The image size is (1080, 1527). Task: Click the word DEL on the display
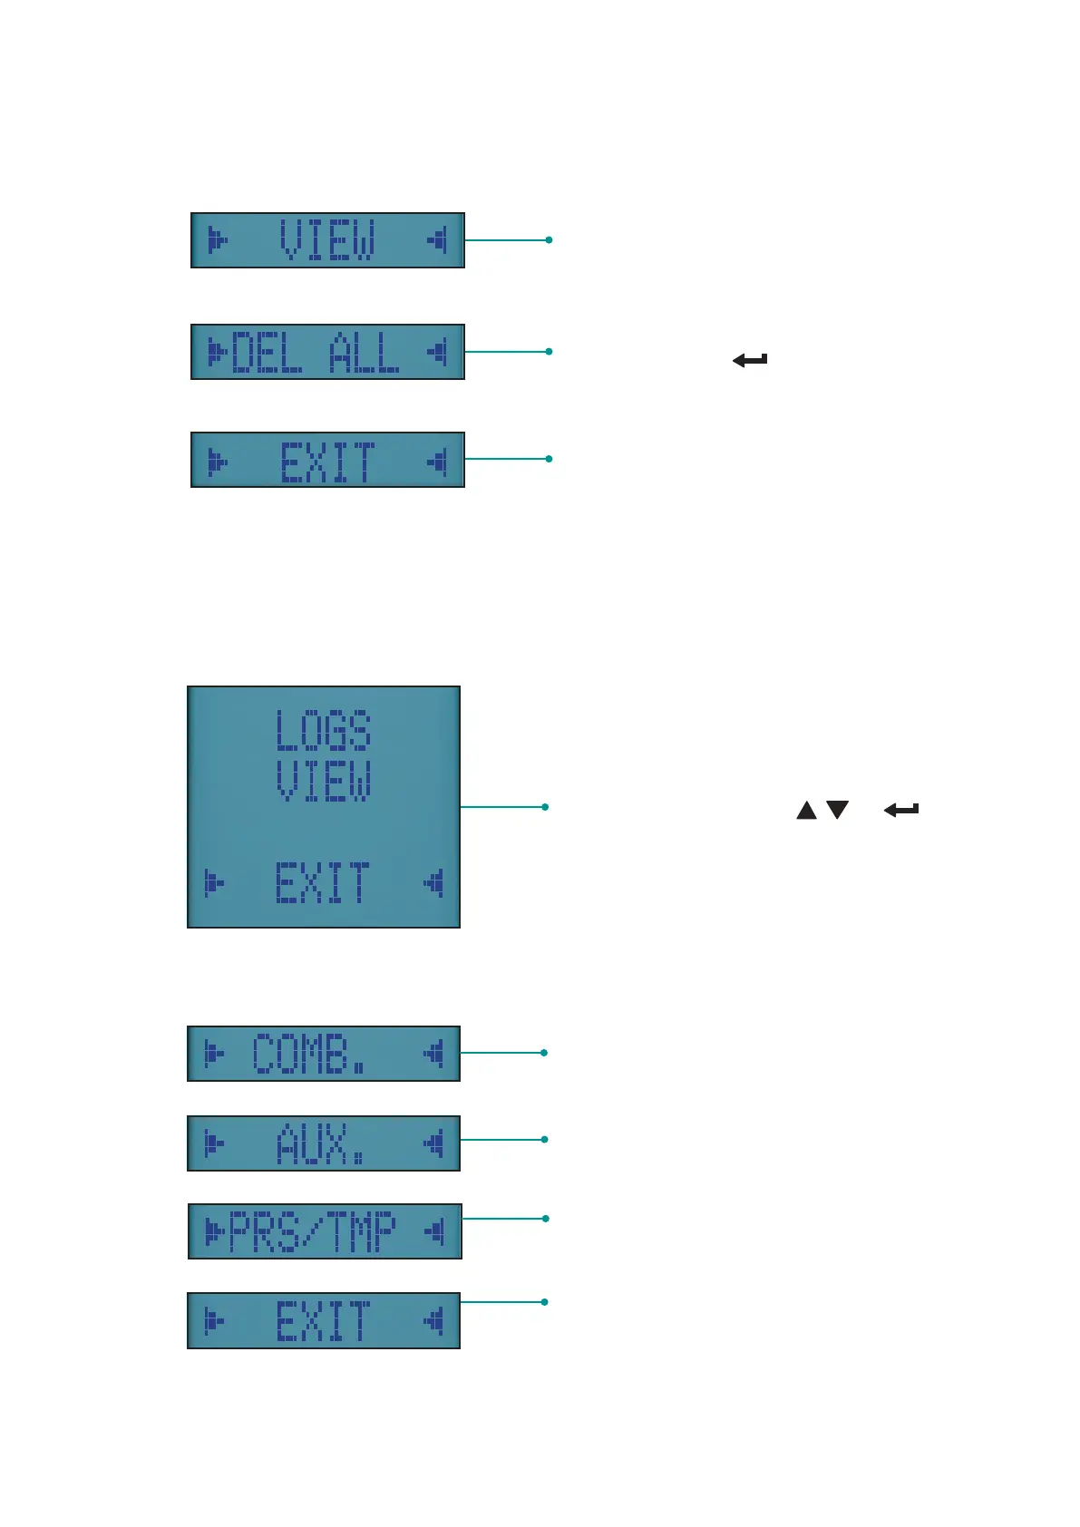[267, 352]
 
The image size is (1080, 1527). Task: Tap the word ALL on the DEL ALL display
[364, 352]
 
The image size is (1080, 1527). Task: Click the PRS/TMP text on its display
[313, 1231]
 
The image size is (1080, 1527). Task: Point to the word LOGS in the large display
[324, 731]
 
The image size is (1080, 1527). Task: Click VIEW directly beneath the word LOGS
[324, 781]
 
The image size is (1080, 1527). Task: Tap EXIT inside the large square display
[324, 882]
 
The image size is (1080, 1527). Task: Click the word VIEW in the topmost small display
[327, 240]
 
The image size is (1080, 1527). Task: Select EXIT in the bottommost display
[324, 1320]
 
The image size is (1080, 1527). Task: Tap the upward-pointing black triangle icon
[806, 810]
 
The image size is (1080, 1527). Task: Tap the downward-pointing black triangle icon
[837, 810]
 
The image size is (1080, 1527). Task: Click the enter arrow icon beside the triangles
[901, 810]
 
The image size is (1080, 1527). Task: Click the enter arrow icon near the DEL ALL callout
[750, 360]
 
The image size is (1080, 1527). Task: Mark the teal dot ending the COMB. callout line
[544, 1053]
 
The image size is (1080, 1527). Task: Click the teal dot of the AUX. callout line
[544, 1139]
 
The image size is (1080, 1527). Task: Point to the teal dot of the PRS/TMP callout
[545, 1219]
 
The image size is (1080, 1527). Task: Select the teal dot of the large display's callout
[545, 806]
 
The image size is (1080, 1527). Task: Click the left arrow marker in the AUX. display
[214, 1143]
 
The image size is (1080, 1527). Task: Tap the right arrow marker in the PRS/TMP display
[435, 1231]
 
